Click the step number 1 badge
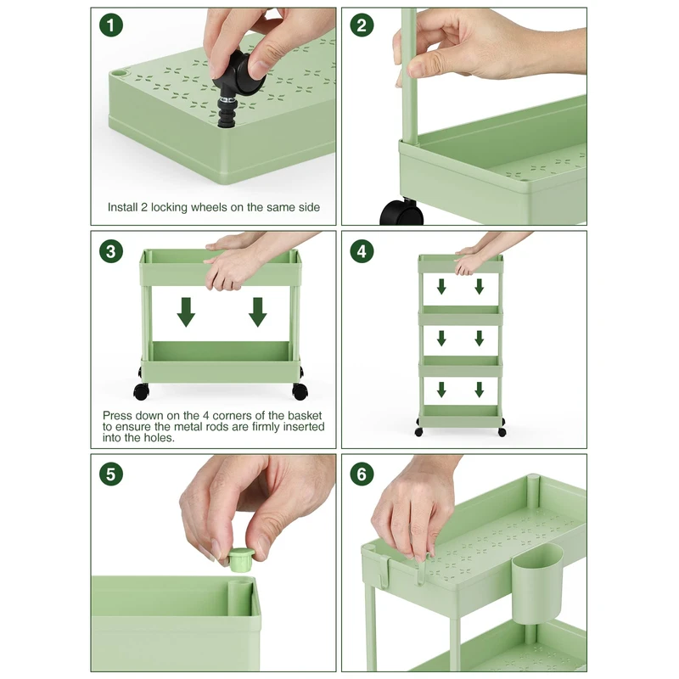pos(111,25)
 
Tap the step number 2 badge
pos(362,25)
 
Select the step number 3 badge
pos(111,251)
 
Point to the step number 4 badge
pos(362,251)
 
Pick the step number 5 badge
pos(111,474)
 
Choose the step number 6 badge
pos(362,474)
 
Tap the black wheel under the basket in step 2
pos(401,211)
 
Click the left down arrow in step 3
pos(186,311)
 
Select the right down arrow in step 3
pos(258,311)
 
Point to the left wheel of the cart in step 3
pos(141,391)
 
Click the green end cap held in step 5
pos(238,559)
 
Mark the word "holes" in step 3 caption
pos(160,438)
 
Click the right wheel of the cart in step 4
pos(502,432)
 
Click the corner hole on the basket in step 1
pos(118,74)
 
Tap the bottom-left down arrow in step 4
pos(441,390)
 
